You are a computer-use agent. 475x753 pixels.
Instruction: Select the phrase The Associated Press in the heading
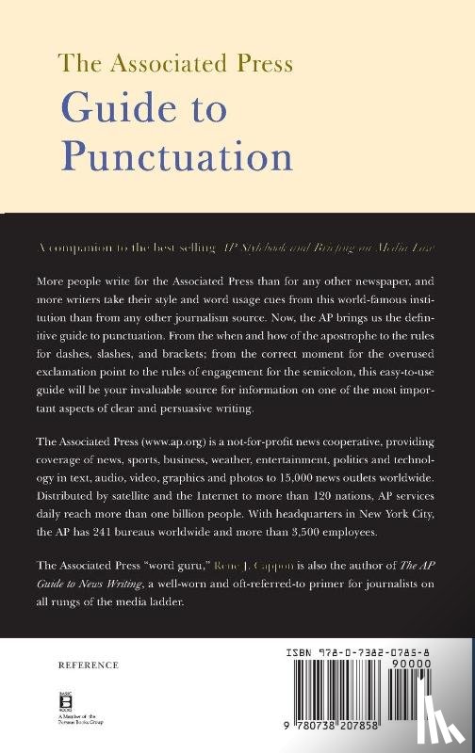coord(176,63)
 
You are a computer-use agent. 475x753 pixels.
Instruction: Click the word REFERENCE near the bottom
coord(89,665)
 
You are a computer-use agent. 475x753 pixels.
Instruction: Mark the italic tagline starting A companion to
coord(237,246)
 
